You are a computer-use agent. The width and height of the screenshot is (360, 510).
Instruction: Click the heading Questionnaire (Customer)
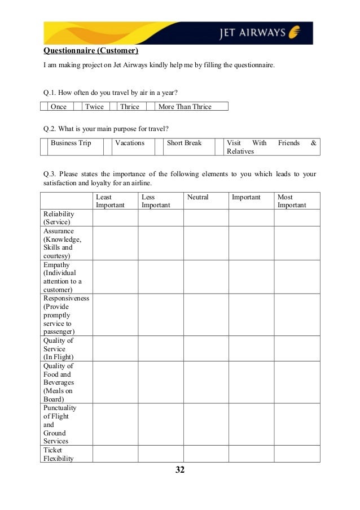tap(92, 52)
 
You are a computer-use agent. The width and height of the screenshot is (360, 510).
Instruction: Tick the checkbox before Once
tap(43, 106)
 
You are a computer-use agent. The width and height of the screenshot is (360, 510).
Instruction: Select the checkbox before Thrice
tap(113, 106)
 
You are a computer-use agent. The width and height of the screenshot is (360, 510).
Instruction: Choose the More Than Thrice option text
tap(185, 106)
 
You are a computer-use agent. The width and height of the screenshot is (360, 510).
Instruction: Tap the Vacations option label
tap(130, 143)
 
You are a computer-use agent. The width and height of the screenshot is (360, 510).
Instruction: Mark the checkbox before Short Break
tap(159, 147)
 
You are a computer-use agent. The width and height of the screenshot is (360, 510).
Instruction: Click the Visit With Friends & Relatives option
tap(271, 147)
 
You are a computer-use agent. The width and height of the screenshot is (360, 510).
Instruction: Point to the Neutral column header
tap(197, 197)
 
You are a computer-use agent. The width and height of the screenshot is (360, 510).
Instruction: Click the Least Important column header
tap(110, 201)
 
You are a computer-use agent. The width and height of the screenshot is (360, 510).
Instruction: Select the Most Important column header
tap(292, 201)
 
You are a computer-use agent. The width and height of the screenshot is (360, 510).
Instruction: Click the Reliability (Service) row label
tap(59, 218)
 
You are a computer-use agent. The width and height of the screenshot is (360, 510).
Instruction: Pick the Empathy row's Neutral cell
tap(205, 277)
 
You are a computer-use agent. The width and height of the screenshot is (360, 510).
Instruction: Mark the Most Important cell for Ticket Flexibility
tap(297, 454)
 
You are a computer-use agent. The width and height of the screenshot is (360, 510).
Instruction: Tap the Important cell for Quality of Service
tap(251, 348)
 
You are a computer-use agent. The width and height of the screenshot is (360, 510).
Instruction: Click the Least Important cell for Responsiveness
tap(115, 315)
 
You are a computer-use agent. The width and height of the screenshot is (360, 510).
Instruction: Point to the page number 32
tap(180, 470)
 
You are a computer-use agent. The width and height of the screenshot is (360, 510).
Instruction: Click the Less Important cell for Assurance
tap(160, 243)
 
